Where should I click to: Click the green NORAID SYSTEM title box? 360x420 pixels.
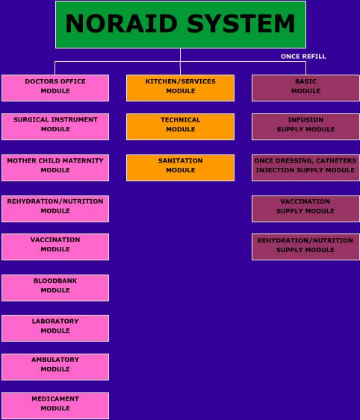click(x=181, y=25)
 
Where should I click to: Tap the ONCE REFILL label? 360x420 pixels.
click(x=303, y=57)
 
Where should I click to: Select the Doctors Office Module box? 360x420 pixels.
click(x=55, y=88)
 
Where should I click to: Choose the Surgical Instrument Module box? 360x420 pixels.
click(x=55, y=127)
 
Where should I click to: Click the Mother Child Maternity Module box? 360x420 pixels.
click(x=55, y=168)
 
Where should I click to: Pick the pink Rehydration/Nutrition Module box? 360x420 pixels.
click(x=55, y=209)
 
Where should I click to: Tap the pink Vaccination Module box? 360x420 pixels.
click(x=55, y=247)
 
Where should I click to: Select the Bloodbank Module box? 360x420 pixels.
click(x=55, y=288)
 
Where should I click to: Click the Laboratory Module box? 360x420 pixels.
click(x=55, y=328)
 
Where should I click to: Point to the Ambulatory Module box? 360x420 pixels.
click(x=55, y=367)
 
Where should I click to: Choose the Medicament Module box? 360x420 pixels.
click(x=55, y=406)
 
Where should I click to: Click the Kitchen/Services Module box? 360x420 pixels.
click(x=180, y=88)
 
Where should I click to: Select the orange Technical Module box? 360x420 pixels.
click(x=180, y=127)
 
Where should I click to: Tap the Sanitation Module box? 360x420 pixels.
click(x=180, y=168)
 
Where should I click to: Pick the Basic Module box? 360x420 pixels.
click(x=305, y=88)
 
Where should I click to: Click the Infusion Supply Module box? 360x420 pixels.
click(x=305, y=127)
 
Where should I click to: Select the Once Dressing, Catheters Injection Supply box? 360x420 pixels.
click(x=305, y=168)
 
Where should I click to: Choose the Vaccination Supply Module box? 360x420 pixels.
click(x=305, y=209)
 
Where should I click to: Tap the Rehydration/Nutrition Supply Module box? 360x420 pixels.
click(x=305, y=247)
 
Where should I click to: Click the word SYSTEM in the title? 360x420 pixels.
click(x=241, y=24)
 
